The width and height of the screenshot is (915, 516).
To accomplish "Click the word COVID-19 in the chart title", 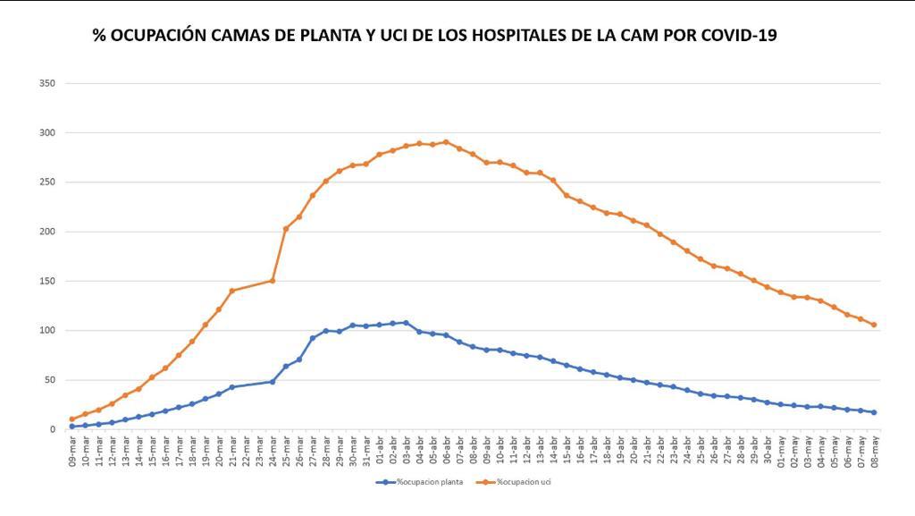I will [738, 36].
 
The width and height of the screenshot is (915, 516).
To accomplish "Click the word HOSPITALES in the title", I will [495, 36].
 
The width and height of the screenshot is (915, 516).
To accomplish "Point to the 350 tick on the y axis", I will [47, 83].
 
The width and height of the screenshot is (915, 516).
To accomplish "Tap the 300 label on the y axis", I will [47, 133].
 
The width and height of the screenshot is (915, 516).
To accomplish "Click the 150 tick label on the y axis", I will [47, 281].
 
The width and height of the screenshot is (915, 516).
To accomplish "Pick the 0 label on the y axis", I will [53, 429].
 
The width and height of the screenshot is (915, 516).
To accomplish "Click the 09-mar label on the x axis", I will [72, 452].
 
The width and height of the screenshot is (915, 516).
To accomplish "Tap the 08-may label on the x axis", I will [874, 452].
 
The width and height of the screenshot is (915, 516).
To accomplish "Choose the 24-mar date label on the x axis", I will [273, 452].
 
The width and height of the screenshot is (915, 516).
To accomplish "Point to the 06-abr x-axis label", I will [446, 452].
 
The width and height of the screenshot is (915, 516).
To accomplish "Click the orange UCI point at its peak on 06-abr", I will [446, 142].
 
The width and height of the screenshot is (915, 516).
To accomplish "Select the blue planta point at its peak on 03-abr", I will [406, 323].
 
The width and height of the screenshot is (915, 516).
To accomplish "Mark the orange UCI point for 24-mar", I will [273, 281].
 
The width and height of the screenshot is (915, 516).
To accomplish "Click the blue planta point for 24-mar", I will [273, 382].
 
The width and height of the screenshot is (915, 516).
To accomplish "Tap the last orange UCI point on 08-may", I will [874, 325].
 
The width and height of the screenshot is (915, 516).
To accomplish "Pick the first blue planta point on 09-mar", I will [72, 427].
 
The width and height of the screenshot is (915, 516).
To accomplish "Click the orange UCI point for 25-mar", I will [286, 229].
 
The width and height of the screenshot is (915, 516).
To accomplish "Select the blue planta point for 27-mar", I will [313, 338].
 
